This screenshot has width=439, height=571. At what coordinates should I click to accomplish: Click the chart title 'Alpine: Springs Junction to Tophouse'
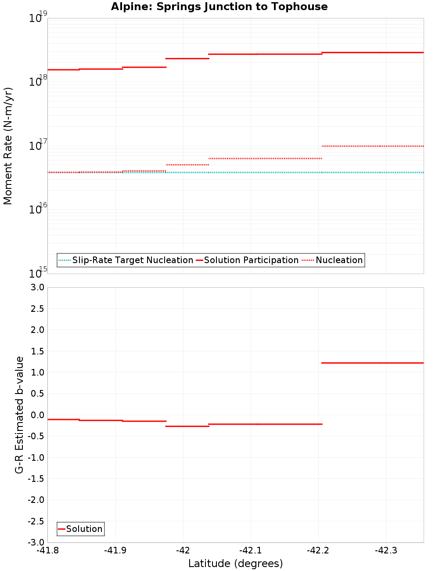219,7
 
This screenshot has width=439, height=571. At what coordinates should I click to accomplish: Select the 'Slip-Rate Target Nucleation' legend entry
132,260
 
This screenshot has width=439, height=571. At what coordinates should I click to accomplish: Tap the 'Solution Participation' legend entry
251,260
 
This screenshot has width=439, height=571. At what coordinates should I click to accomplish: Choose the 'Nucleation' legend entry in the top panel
339,260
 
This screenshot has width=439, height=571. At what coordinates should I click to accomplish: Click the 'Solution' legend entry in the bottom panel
84,529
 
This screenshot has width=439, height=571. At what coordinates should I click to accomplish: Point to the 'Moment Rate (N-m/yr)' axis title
8,146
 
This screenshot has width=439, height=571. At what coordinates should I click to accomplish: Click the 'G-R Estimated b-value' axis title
19,415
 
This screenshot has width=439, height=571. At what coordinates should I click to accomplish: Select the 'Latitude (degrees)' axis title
235,564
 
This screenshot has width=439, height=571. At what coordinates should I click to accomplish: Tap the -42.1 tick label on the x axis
251,550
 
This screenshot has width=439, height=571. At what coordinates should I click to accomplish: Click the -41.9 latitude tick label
115,550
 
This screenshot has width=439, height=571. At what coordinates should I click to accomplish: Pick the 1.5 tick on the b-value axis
37,351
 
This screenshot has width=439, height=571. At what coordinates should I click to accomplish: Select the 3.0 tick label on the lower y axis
37,287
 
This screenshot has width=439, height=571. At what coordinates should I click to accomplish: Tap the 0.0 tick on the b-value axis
37,415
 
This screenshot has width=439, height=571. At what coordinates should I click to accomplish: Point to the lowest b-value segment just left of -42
187,426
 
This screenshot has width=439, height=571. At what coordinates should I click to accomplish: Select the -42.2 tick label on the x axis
318,550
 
